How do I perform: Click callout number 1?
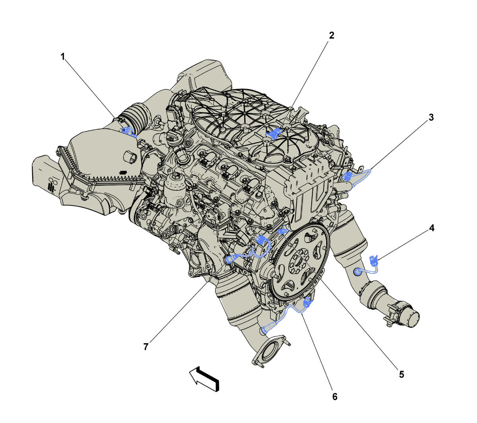click(x=62, y=57)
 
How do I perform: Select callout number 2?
click(x=331, y=35)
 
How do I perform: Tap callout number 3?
click(x=431, y=117)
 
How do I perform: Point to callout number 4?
click(x=431, y=228)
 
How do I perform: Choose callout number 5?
click(x=401, y=374)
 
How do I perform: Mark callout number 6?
click(x=335, y=397)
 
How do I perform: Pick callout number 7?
click(x=146, y=347)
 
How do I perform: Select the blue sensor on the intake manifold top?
click(x=273, y=134)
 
